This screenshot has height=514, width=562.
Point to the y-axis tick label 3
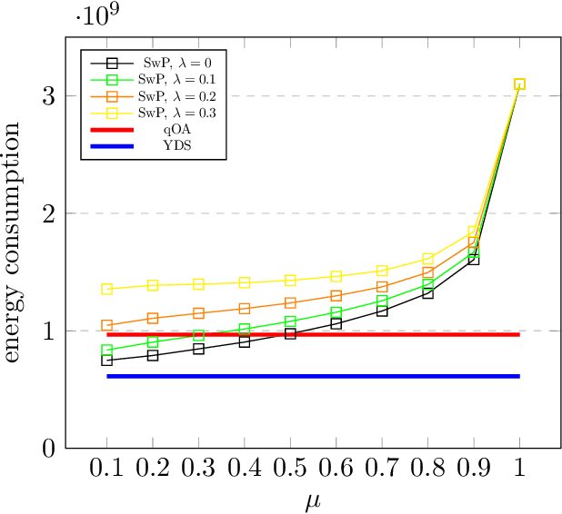(47, 96)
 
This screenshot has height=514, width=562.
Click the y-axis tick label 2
(47, 213)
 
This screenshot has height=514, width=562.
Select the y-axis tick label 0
(47, 449)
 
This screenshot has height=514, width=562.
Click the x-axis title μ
(313, 500)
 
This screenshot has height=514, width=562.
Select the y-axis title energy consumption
(15, 243)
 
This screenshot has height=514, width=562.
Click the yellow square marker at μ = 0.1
(107, 289)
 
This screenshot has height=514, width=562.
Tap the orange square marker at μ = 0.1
(107, 325)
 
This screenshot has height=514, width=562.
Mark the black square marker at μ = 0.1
(107, 360)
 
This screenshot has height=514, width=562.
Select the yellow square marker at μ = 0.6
(336, 276)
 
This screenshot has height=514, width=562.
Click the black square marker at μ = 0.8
(427, 292)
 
